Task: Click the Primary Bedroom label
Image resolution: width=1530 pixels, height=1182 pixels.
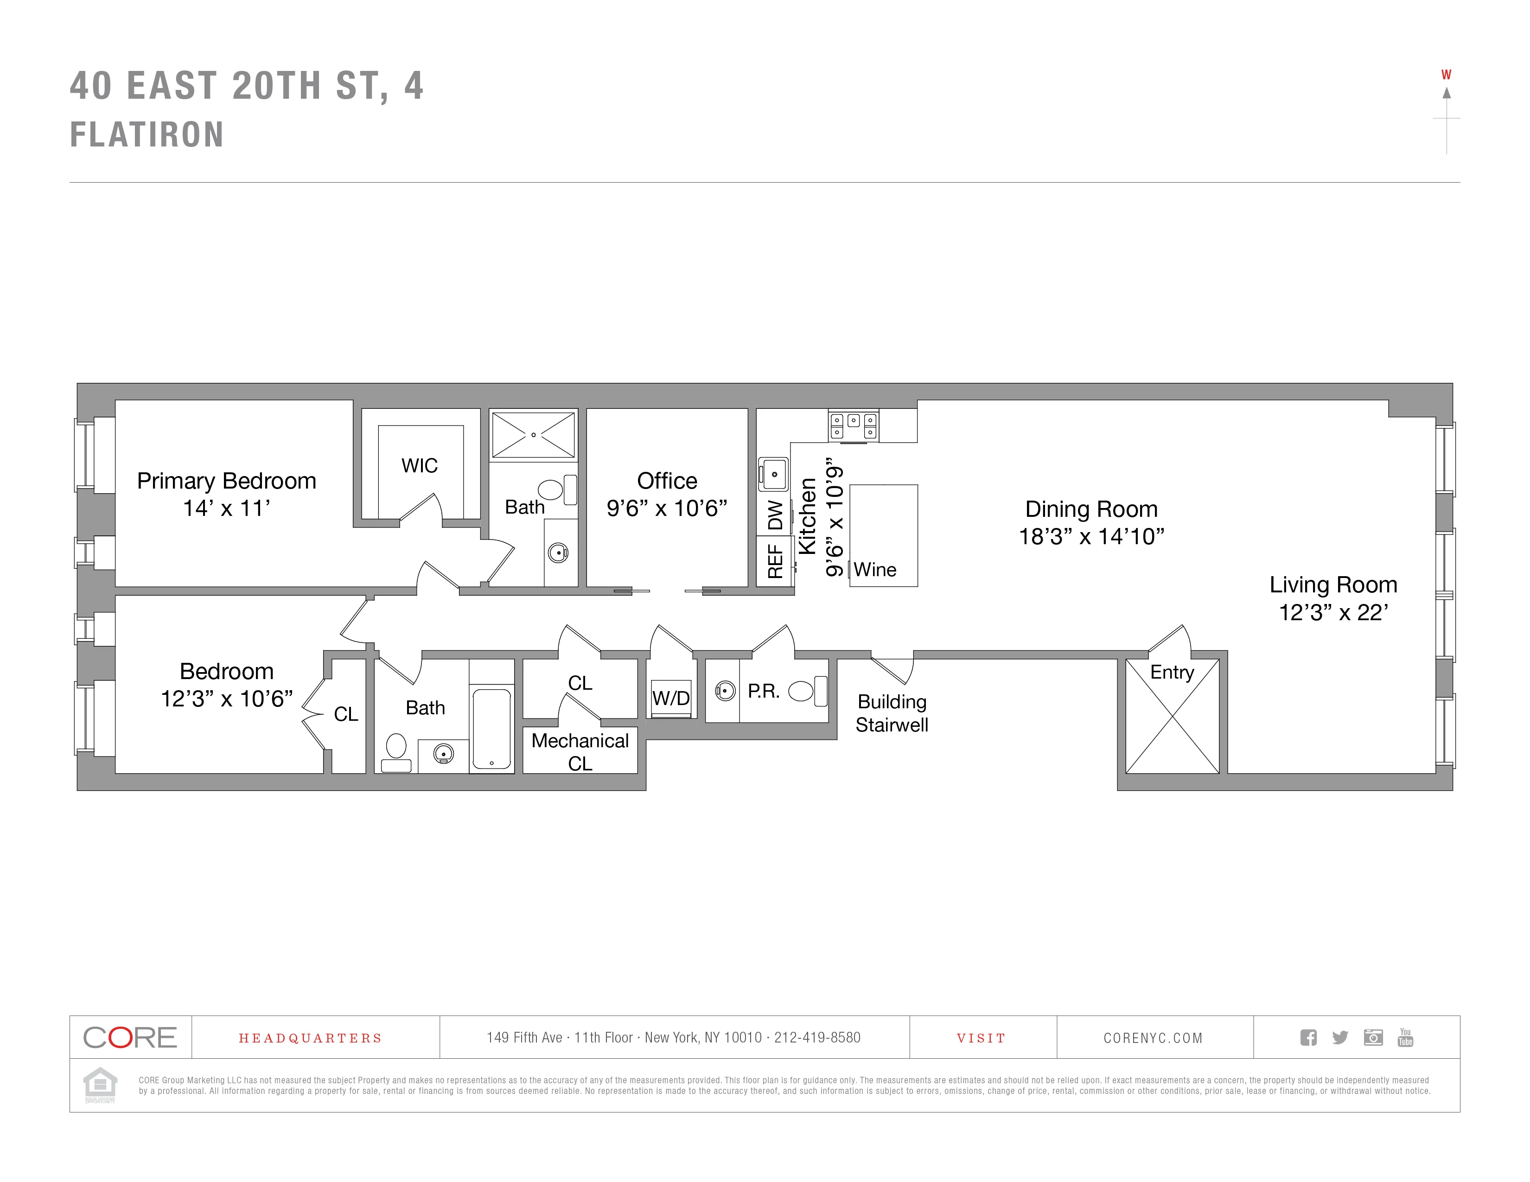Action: [226, 481]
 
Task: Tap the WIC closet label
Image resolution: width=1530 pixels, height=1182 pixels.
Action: [419, 466]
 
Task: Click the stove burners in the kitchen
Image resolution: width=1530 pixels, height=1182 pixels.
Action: [853, 425]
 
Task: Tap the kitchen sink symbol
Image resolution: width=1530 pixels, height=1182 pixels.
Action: [773, 474]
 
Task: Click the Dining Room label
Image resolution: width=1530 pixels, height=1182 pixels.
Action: [1091, 509]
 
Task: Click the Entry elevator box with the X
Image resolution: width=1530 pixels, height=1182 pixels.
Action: [1172, 721]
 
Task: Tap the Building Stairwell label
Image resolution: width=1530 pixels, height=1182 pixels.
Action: [891, 713]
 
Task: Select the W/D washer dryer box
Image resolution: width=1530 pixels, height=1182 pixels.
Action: [671, 698]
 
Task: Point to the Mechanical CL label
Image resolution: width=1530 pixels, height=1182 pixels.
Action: [580, 751]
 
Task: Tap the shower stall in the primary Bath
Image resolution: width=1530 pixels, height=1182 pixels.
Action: [533, 435]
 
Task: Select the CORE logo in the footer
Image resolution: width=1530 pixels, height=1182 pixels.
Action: [130, 1037]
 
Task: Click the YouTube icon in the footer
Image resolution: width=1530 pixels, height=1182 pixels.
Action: [1405, 1037]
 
